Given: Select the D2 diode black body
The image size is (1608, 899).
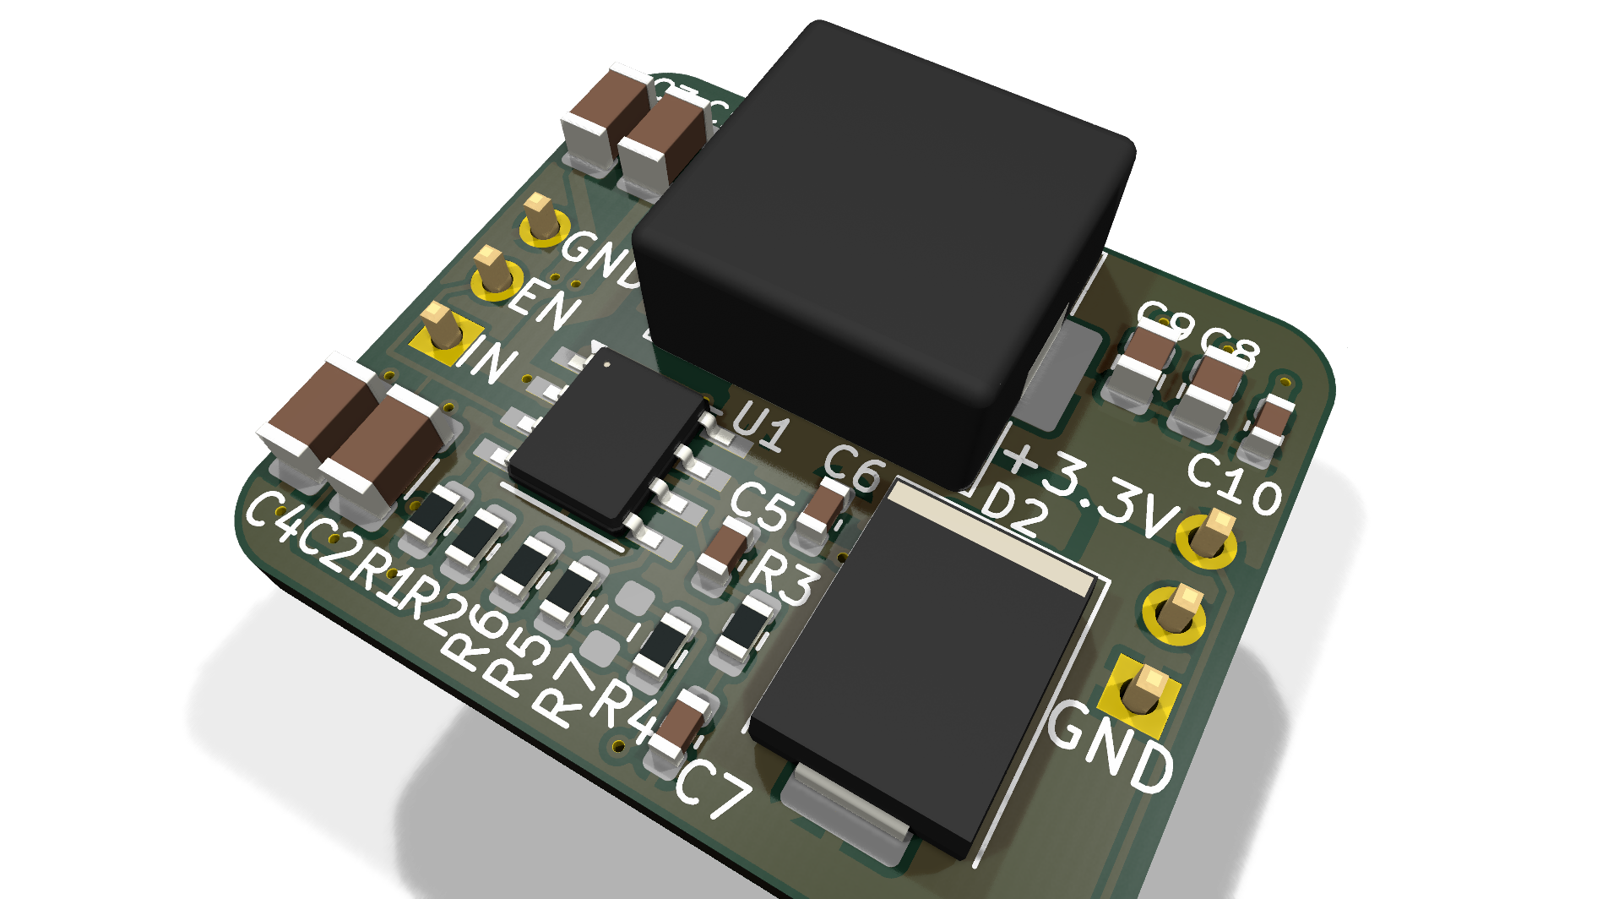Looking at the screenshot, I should pos(921,676).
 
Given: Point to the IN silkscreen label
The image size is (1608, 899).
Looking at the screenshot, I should pos(488,360).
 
